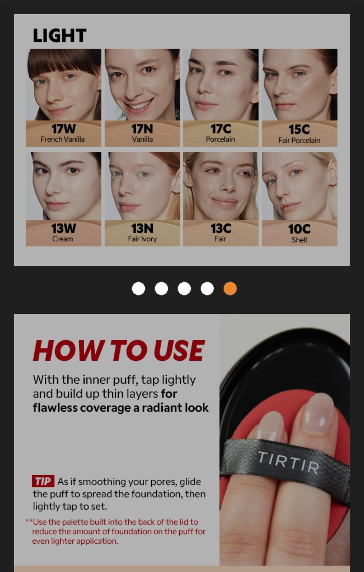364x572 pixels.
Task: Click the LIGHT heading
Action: (x=59, y=35)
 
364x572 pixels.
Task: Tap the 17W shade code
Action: (x=63, y=129)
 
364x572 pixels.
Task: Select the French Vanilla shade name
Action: (x=63, y=140)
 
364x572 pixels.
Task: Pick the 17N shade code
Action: (x=142, y=129)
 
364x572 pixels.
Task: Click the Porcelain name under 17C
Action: (x=220, y=140)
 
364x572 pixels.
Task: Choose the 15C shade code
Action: (x=299, y=129)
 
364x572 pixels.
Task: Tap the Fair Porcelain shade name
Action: (x=299, y=141)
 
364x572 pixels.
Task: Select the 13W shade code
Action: (x=63, y=228)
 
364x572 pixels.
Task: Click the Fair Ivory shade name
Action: (x=142, y=239)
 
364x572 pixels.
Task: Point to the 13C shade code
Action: (x=221, y=228)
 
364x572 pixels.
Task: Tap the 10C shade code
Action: (x=299, y=229)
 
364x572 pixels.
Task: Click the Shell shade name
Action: (x=299, y=240)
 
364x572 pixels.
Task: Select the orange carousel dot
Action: (x=230, y=289)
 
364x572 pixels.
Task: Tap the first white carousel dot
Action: (x=138, y=289)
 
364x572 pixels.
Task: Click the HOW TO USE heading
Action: (x=119, y=350)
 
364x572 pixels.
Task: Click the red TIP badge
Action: (x=43, y=481)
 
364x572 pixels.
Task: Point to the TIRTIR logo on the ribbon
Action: (x=289, y=462)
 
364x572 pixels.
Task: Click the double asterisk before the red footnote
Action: (x=29, y=521)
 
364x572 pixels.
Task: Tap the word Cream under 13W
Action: (x=63, y=239)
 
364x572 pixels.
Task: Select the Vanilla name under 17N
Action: (x=142, y=140)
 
